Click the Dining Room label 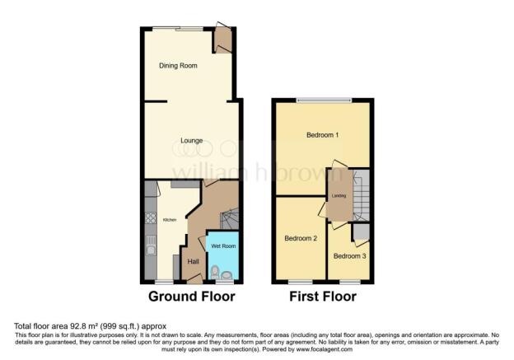point(177,65)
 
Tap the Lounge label point(192,141)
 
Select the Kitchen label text point(169,220)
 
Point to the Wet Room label point(222,246)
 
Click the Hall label point(194,261)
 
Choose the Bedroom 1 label point(323,134)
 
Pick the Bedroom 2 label point(301,239)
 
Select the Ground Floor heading point(191,296)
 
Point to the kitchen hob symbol point(151,219)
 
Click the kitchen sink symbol point(152,243)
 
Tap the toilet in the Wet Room point(214,271)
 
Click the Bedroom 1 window point(322,101)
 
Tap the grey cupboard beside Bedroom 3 point(360,232)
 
